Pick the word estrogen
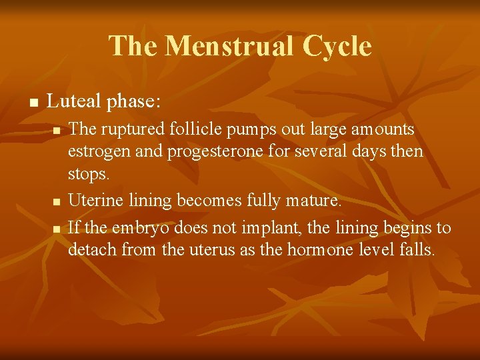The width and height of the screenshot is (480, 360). point(94,151)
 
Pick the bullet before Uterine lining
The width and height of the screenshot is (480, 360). point(57,201)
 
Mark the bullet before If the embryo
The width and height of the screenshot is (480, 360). point(57,229)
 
